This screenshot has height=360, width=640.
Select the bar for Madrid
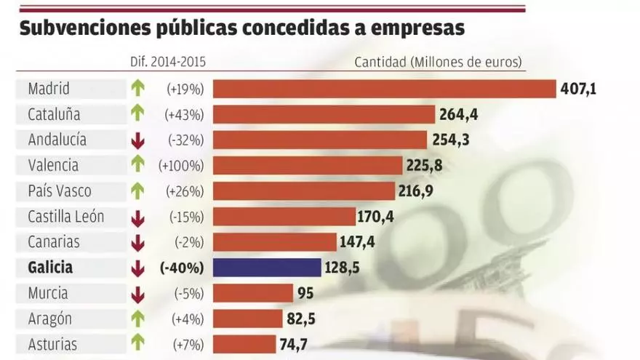tap(384, 89)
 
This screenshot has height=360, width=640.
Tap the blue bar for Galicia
tap(267, 268)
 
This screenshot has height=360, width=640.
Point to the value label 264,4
tap(459, 115)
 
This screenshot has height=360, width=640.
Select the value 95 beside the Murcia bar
tap(305, 293)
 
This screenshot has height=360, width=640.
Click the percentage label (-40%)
tap(181, 268)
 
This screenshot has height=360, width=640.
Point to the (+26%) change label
tap(183, 191)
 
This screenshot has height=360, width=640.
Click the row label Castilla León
tap(66, 217)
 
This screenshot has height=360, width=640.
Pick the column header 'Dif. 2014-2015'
tap(167, 62)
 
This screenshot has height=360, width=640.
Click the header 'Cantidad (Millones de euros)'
tap(439, 62)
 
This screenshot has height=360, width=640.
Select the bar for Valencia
tap(308, 166)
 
